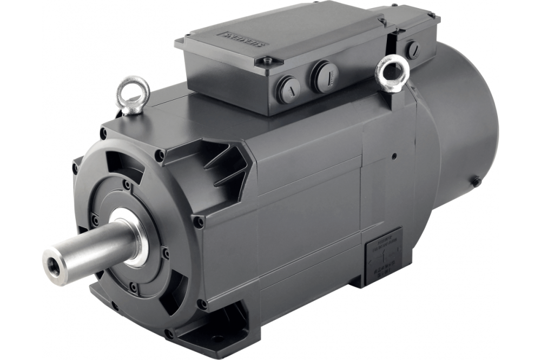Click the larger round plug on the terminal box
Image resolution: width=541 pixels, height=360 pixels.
click(x=324, y=76)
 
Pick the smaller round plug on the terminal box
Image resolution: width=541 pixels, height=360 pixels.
click(x=288, y=88)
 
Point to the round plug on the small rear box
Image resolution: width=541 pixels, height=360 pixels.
click(x=413, y=50)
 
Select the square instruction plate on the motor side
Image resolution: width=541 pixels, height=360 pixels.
click(x=384, y=254)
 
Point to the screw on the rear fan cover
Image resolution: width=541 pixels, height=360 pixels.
click(x=476, y=182)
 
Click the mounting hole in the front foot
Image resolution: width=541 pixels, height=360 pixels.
click(x=217, y=338)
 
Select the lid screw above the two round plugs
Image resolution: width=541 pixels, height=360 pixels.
click(x=265, y=62)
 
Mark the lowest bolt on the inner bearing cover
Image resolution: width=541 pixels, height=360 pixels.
click(x=132, y=287)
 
